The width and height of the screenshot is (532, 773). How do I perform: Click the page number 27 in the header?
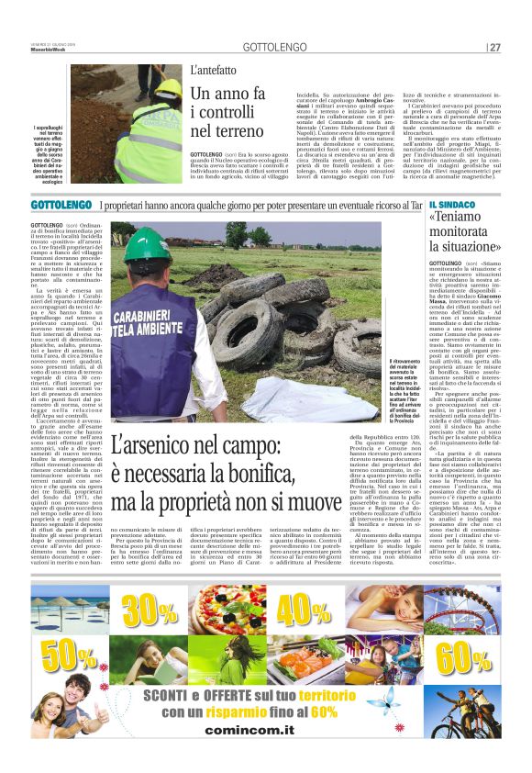tap(494, 47)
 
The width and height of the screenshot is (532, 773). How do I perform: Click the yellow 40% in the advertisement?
tap(304, 611)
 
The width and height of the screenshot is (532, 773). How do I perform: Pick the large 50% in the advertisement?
tap(68, 657)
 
